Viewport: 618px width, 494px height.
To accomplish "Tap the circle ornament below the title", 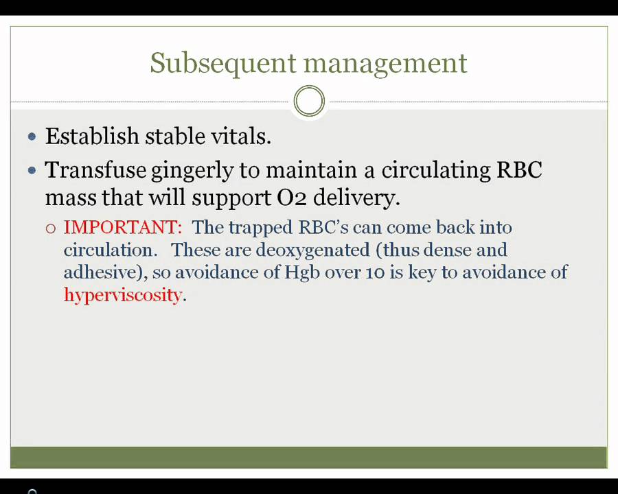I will (x=309, y=102).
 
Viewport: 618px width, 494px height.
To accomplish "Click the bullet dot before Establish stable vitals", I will (x=32, y=137).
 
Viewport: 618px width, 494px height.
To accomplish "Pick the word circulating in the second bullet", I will (x=436, y=171).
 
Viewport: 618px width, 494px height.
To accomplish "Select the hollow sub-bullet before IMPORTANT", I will (x=51, y=228).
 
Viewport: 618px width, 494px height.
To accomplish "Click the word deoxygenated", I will (x=312, y=250).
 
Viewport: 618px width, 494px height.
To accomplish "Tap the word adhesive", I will (x=102, y=272).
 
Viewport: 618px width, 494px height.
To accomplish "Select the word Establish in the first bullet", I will (x=92, y=136).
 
